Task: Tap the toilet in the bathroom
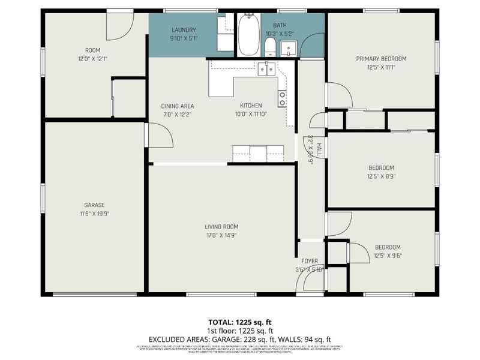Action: [270, 47]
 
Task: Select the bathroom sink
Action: [289, 47]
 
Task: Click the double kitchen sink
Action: [266, 70]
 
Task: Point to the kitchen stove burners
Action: [282, 98]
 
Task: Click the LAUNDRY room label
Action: [184, 30]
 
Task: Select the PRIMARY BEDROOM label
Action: [381, 59]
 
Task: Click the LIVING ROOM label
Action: [221, 227]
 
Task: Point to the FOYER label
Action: [310, 261]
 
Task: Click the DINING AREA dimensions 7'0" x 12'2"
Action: [177, 114]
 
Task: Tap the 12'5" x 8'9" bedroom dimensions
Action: [381, 176]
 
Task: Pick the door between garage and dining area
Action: [158, 135]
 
